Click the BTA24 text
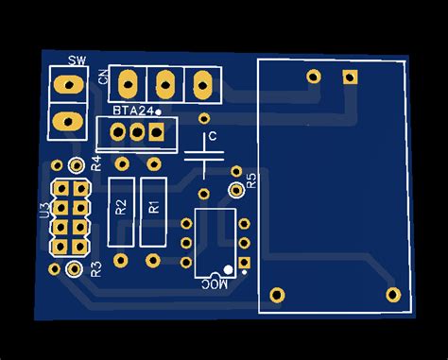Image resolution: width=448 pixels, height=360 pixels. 133,111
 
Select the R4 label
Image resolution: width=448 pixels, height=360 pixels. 95,163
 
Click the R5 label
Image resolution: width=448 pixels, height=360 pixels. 250,182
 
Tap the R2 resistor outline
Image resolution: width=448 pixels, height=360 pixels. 120,208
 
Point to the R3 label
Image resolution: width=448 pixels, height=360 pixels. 95,269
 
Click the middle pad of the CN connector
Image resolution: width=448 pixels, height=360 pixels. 164,84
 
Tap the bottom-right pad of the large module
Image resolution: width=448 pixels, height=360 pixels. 391,294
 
